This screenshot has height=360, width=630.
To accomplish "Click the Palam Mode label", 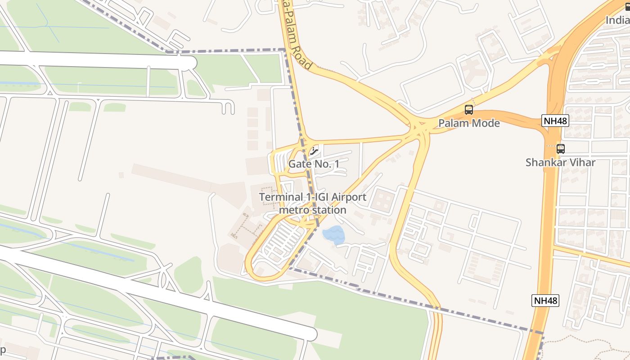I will [469, 123].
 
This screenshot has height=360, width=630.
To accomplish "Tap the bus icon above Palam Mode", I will [469, 109].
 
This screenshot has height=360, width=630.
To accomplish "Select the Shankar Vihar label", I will [560, 162].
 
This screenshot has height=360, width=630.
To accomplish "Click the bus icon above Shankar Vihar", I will [561, 148].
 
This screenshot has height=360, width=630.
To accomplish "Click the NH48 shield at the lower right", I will [545, 301].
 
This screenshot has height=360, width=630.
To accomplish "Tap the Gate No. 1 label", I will [314, 164].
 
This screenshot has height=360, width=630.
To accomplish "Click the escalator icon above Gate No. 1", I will [314, 151].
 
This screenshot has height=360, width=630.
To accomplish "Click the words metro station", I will [313, 210].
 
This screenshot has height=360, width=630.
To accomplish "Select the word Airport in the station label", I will [348, 197].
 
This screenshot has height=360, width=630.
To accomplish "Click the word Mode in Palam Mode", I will [484, 123].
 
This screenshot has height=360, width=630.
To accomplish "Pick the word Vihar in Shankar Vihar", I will [582, 162].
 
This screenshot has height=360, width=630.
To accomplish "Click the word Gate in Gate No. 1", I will [299, 164].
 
